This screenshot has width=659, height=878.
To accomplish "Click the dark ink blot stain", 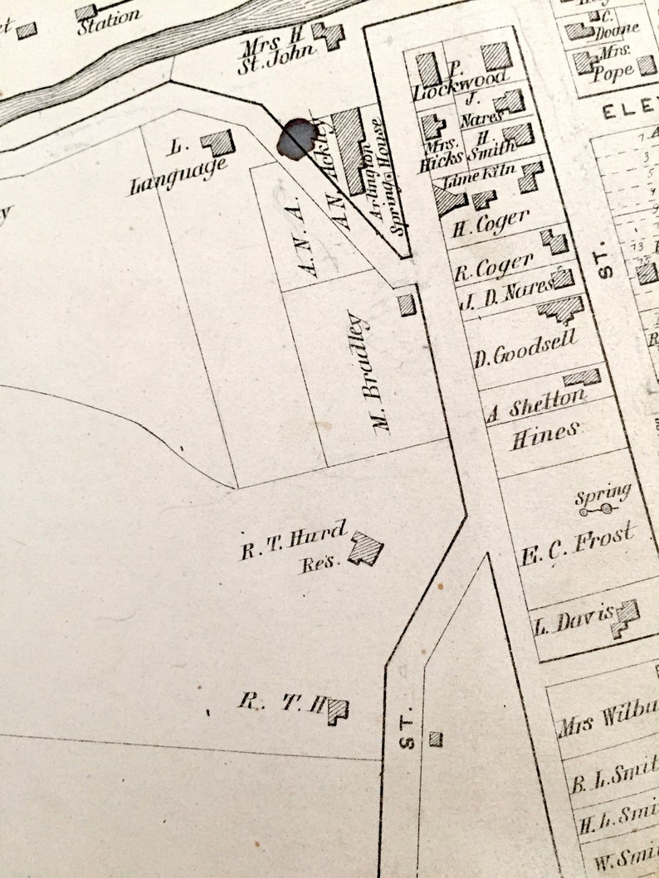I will pyautogui.click(x=295, y=138).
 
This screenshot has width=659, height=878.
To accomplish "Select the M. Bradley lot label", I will pyautogui.click(x=371, y=372).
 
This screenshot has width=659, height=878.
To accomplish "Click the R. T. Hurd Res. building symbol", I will pyautogui.click(x=365, y=549).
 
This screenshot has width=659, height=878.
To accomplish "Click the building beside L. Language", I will pyautogui.click(x=218, y=142).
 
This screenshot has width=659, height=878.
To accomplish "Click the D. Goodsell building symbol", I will pyautogui.click(x=561, y=309).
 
